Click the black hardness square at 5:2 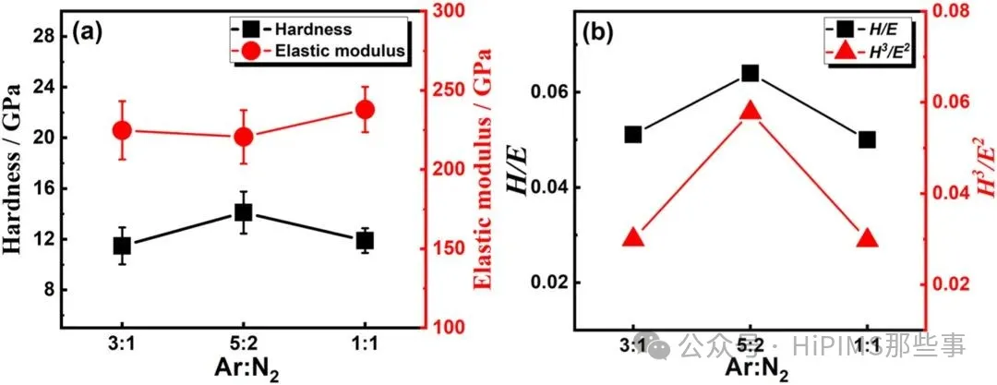243,212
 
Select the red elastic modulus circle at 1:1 364,110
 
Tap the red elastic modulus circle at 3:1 122,131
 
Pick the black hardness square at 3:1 122,246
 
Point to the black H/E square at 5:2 750,73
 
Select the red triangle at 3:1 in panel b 632,237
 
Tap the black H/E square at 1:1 867,139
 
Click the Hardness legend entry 313,30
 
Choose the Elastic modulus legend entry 341,52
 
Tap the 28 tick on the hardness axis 42,35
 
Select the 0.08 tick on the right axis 959,12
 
